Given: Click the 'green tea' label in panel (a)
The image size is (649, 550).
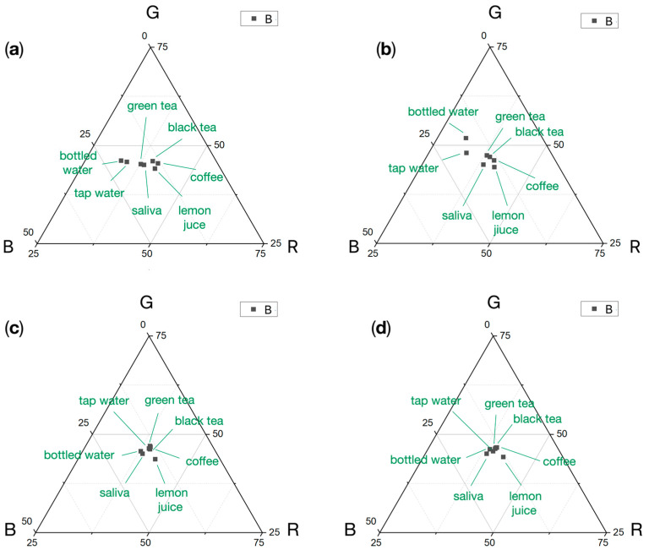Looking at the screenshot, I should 150,106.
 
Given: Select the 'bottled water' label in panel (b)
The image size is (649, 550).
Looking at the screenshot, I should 444,112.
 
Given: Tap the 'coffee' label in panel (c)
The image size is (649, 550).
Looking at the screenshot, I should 202,461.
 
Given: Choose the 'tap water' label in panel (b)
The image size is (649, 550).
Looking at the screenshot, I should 413,168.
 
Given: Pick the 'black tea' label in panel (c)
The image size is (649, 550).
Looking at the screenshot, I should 199,421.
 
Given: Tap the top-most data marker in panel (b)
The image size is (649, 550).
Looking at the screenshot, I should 466,138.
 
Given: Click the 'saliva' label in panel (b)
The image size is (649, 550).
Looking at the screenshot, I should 456,215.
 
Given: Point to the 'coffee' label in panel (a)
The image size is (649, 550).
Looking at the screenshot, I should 206,177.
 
